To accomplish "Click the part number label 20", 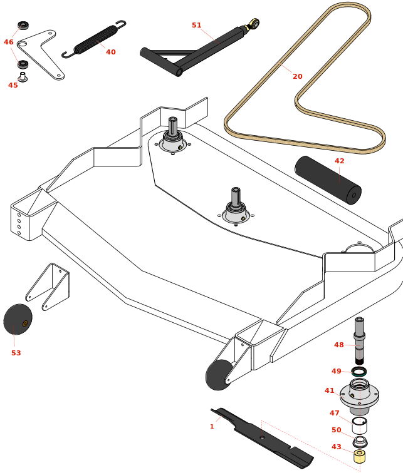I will click(x=298, y=76).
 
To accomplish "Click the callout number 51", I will click(x=197, y=26).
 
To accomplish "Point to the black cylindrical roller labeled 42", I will click(x=328, y=180).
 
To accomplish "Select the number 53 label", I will click(x=16, y=353).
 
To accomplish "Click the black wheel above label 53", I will click(x=18, y=319).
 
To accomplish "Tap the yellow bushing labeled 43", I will click(x=360, y=456).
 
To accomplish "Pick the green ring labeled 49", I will click(x=359, y=371).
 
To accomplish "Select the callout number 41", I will click(x=330, y=390).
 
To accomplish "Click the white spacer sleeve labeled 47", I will click(x=359, y=425).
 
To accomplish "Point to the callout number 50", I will click(x=337, y=430).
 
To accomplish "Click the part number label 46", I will click(x=9, y=43).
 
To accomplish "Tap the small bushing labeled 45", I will click(x=23, y=77).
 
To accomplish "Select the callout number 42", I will click(x=340, y=161).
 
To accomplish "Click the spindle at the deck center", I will click(x=236, y=207).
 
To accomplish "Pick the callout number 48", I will click(x=339, y=345).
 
